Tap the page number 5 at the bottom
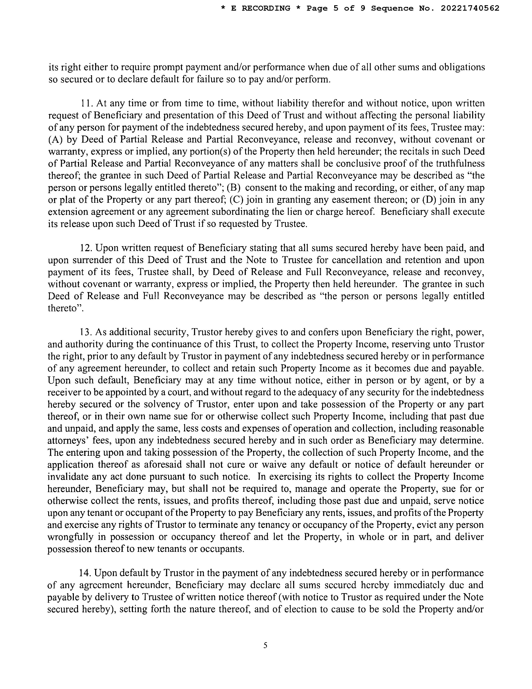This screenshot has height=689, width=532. pyautogui.click(x=265, y=645)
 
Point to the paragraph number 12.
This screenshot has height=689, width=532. pyautogui.click(x=85, y=248)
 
